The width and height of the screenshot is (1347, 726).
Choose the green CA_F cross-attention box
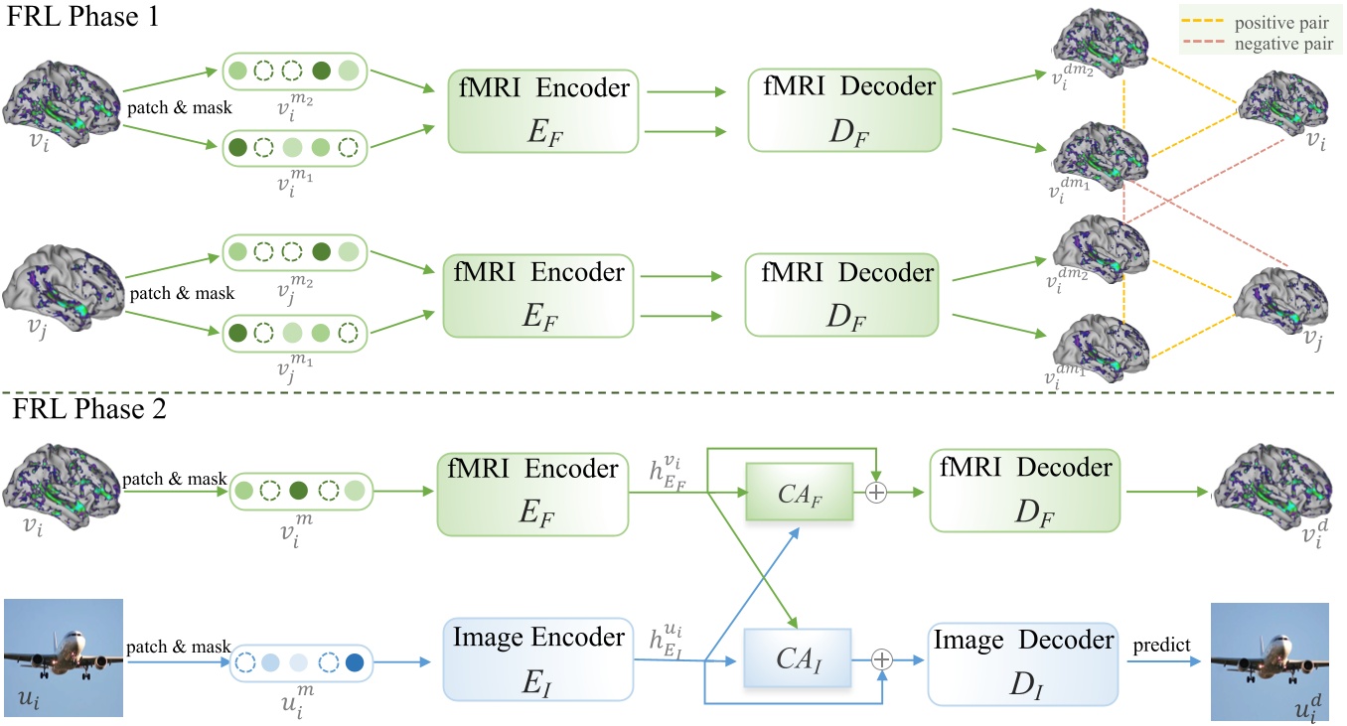pyautogui.click(x=799, y=492)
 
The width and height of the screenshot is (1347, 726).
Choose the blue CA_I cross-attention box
pyautogui.click(x=798, y=658)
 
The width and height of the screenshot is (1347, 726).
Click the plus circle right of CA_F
pyautogui.click(x=875, y=493)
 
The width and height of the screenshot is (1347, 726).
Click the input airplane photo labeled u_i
pyautogui.click(x=64, y=656)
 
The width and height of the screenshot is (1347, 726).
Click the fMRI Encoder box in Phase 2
pyautogui.click(x=533, y=492)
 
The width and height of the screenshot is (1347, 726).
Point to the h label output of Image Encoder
pyautogui.click(x=668, y=642)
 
